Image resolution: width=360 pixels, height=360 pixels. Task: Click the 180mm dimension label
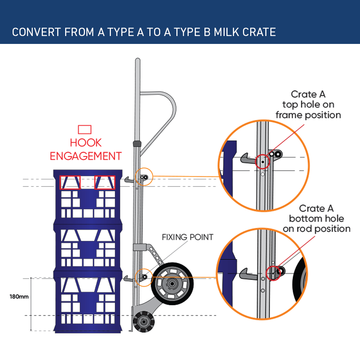[19, 297]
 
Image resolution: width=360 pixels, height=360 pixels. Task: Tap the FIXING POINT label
[187, 237]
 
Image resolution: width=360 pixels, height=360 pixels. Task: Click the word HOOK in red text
[86, 143]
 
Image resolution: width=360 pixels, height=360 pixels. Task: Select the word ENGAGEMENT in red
[86, 156]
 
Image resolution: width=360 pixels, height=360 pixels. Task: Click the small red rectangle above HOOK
[85, 130]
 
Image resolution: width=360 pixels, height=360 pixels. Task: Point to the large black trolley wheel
[172, 284]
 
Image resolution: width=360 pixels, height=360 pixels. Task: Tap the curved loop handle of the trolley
[164, 115]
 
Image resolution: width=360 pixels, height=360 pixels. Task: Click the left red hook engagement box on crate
[70, 183]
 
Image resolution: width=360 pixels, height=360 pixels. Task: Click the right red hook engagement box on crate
[105, 183]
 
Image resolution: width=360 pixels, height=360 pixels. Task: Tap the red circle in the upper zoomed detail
[262, 162]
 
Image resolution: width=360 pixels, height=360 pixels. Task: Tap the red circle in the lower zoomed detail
[273, 274]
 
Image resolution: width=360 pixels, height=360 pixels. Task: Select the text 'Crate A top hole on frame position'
[308, 105]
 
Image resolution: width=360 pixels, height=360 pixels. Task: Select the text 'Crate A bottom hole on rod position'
[316, 219]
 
